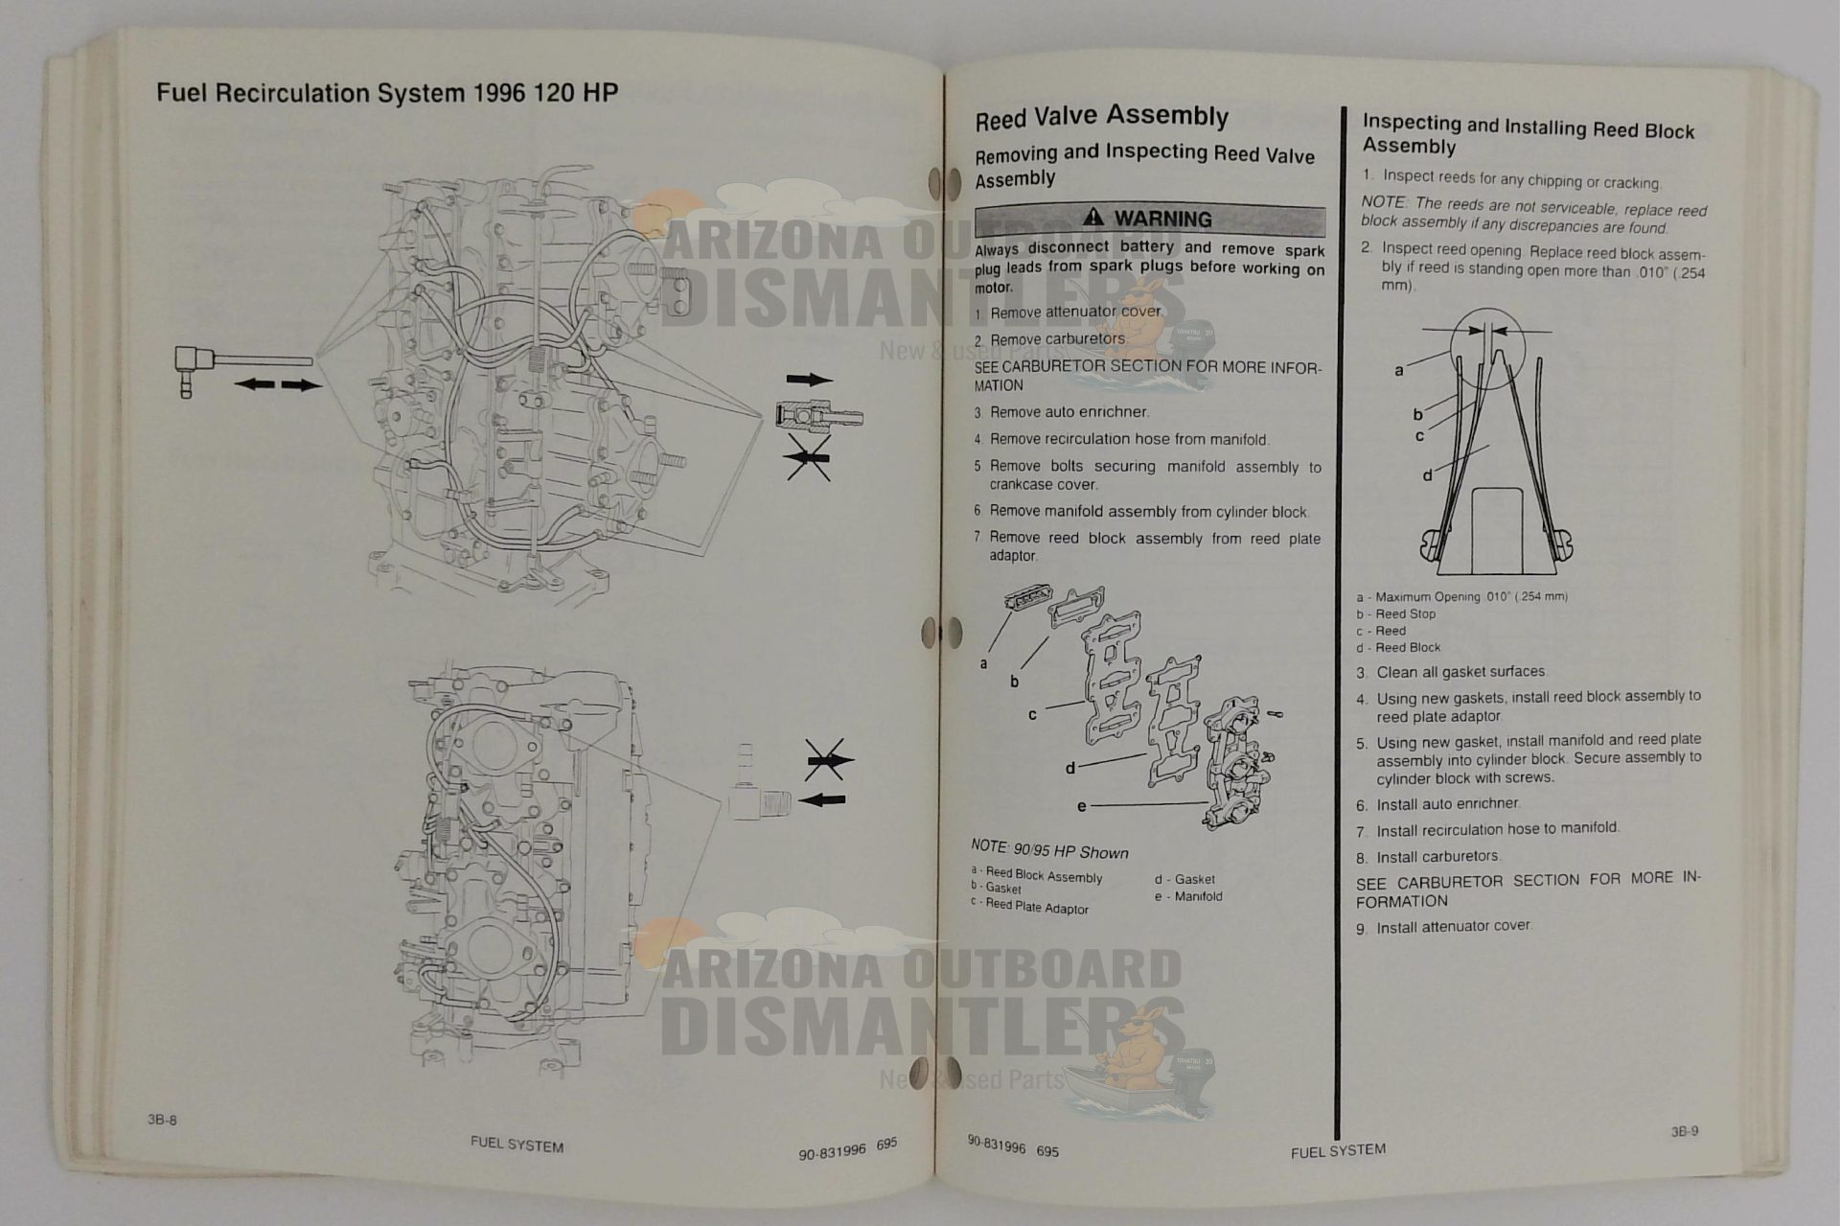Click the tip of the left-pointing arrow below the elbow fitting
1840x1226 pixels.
[236, 384]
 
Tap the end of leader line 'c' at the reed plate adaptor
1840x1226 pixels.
[1085, 704]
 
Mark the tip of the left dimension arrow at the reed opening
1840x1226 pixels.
[1482, 331]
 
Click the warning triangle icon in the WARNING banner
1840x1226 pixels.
[1092, 218]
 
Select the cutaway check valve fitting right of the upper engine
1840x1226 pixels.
[819, 417]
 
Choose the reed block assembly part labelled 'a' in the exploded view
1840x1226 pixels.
[1027, 599]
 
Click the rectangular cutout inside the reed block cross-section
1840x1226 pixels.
[1498, 526]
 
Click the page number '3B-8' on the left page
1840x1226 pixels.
[162, 1120]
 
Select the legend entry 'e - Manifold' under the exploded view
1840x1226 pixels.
[1188, 897]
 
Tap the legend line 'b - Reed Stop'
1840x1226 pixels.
[1395, 613]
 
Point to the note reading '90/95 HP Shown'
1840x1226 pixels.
[1049, 849]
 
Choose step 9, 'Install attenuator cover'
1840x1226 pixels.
[1443, 927]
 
